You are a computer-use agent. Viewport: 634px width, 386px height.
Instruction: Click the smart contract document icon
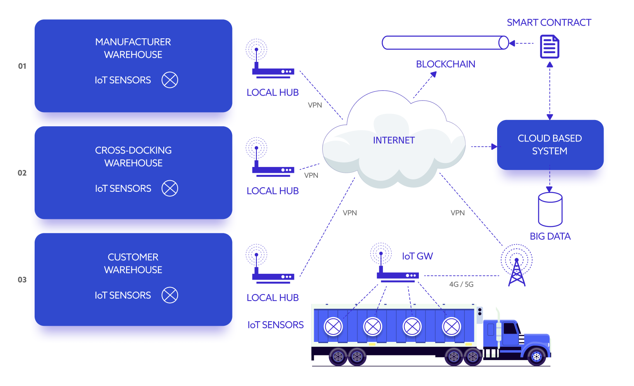click(549, 47)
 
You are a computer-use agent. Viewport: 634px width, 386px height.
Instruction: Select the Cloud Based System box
click(550, 145)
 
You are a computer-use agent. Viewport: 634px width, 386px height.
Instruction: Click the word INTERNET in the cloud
click(394, 140)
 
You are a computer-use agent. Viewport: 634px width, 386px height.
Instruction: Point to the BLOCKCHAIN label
click(445, 64)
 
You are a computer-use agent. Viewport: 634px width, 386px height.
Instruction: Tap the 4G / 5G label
click(461, 285)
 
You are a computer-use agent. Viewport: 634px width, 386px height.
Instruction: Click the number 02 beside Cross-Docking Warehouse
click(22, 173)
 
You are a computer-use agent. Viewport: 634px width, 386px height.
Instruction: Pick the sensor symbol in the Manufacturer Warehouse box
click(169, 80)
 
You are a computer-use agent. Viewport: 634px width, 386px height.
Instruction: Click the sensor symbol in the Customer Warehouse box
click(169, 295)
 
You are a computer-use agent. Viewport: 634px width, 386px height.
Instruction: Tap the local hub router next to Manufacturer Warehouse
click(272, 71)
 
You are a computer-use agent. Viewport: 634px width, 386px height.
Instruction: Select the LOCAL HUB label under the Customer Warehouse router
click(272, 298)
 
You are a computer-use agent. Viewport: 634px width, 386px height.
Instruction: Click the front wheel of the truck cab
click(536, 356)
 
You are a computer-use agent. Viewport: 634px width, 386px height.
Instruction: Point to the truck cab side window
click(510, 329)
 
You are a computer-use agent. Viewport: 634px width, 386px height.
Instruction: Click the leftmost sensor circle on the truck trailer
click(333, 327)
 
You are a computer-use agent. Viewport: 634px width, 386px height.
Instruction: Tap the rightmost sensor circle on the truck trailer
click(451, 327)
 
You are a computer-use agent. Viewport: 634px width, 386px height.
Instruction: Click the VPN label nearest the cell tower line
click(457, 213)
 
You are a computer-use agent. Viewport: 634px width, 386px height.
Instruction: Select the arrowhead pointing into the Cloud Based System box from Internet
click(494, 146)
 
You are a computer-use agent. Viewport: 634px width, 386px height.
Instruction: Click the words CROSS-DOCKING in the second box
click(133, 151)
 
